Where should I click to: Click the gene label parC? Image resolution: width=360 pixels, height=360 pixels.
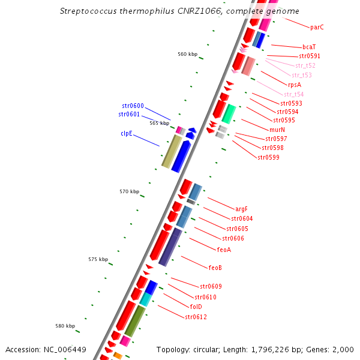coord(317,27)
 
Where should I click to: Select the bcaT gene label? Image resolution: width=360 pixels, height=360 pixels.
coord(309,47)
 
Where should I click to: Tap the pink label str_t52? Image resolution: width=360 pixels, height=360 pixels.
coord(305,65)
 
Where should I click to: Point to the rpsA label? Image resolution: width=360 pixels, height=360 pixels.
coord(295,85)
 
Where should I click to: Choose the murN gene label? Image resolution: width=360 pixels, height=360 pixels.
coord(277,130)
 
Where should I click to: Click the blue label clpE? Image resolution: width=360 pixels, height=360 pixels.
coord(127,134)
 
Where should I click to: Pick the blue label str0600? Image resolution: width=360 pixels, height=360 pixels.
coord(133,106)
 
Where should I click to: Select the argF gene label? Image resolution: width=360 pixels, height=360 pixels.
coord(242,209)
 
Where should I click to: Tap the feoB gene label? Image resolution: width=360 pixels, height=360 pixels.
coord(215,268)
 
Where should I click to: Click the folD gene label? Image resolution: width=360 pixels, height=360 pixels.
coord(196,307)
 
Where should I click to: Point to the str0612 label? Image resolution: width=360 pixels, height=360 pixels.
coord(196,317)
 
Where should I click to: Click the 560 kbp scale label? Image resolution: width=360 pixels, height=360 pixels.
coord(187,55)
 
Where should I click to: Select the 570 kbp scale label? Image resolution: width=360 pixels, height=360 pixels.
coord(129,192)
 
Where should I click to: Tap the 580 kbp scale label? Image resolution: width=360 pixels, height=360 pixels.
coord(65,326)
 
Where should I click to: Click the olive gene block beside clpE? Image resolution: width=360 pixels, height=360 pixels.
coord(172,151)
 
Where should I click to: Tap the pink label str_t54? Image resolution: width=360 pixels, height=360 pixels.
coord(294,95)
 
